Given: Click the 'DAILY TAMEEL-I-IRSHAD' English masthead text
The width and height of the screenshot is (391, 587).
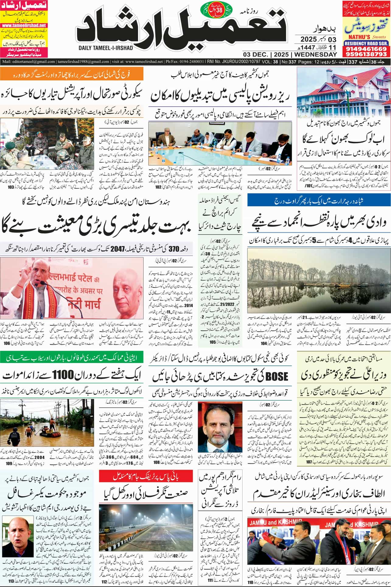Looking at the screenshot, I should (x=105, y=48).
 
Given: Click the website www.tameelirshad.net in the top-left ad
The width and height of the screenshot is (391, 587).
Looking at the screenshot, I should (x=23, y=26).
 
